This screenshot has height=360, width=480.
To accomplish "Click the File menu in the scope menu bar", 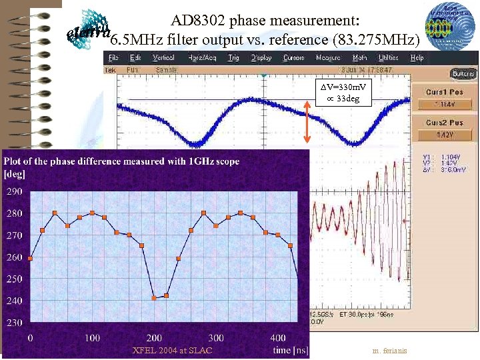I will (113, 58).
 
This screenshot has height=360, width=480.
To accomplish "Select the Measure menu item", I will (327, 58).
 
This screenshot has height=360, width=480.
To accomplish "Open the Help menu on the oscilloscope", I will (417, 58).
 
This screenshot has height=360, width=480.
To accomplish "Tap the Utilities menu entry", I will (388, 58).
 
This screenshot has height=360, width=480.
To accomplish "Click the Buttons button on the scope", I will (463, 73).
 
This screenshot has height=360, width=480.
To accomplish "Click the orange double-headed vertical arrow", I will (307, 121).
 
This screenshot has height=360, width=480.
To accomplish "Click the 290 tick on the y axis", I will (14, 192).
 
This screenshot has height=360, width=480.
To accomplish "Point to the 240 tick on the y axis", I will (14, 301).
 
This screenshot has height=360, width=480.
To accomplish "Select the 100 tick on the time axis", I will (92, 338).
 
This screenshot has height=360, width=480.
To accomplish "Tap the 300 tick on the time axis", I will (216, 338).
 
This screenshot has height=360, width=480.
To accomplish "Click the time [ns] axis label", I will (291, 349).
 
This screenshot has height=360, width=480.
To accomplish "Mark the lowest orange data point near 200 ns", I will (154, 298).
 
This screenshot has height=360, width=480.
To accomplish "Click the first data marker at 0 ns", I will (30, 258).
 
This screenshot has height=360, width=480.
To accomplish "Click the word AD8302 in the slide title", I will (197, 21).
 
